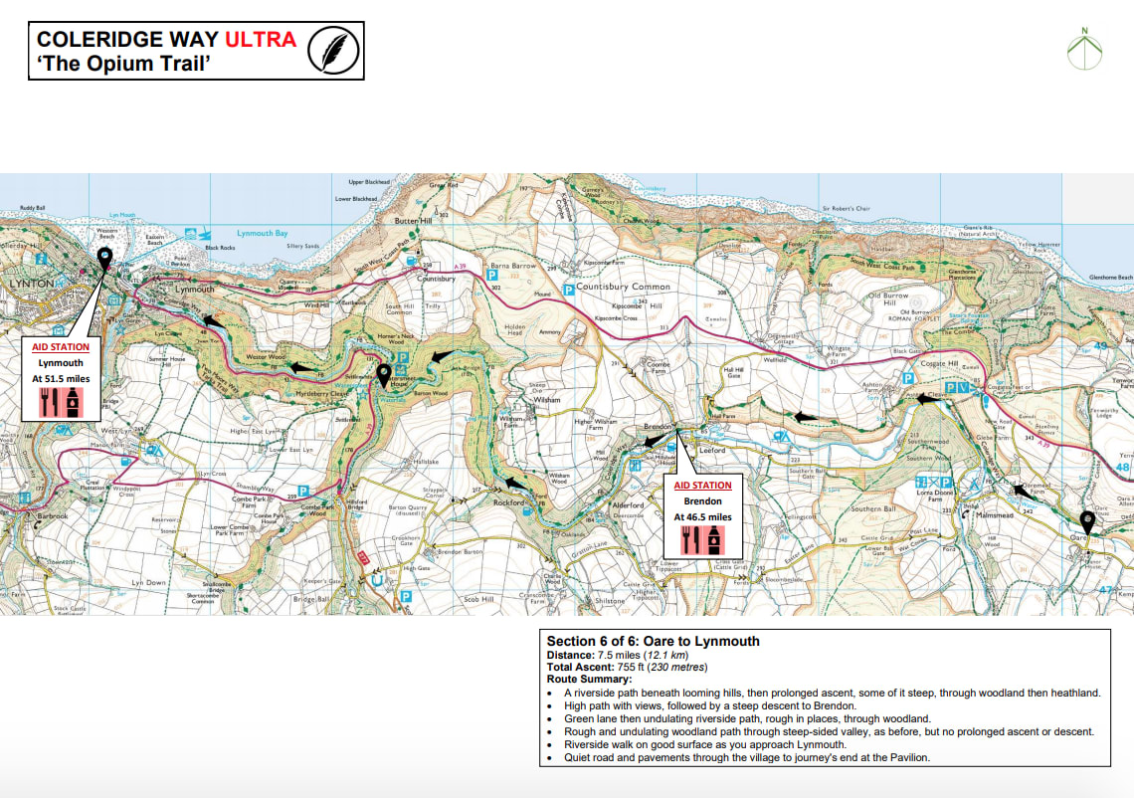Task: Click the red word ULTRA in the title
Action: coord(260,40)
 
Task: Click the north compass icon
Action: coord(1085,49)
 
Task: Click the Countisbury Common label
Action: coord(624,287)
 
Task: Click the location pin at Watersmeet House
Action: coord(384,375)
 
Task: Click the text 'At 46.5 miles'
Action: coord(702,516)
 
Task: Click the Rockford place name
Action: coord(508,503)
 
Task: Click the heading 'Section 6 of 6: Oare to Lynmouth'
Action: coord(653,641)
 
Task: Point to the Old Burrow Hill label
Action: coord(887,296)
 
